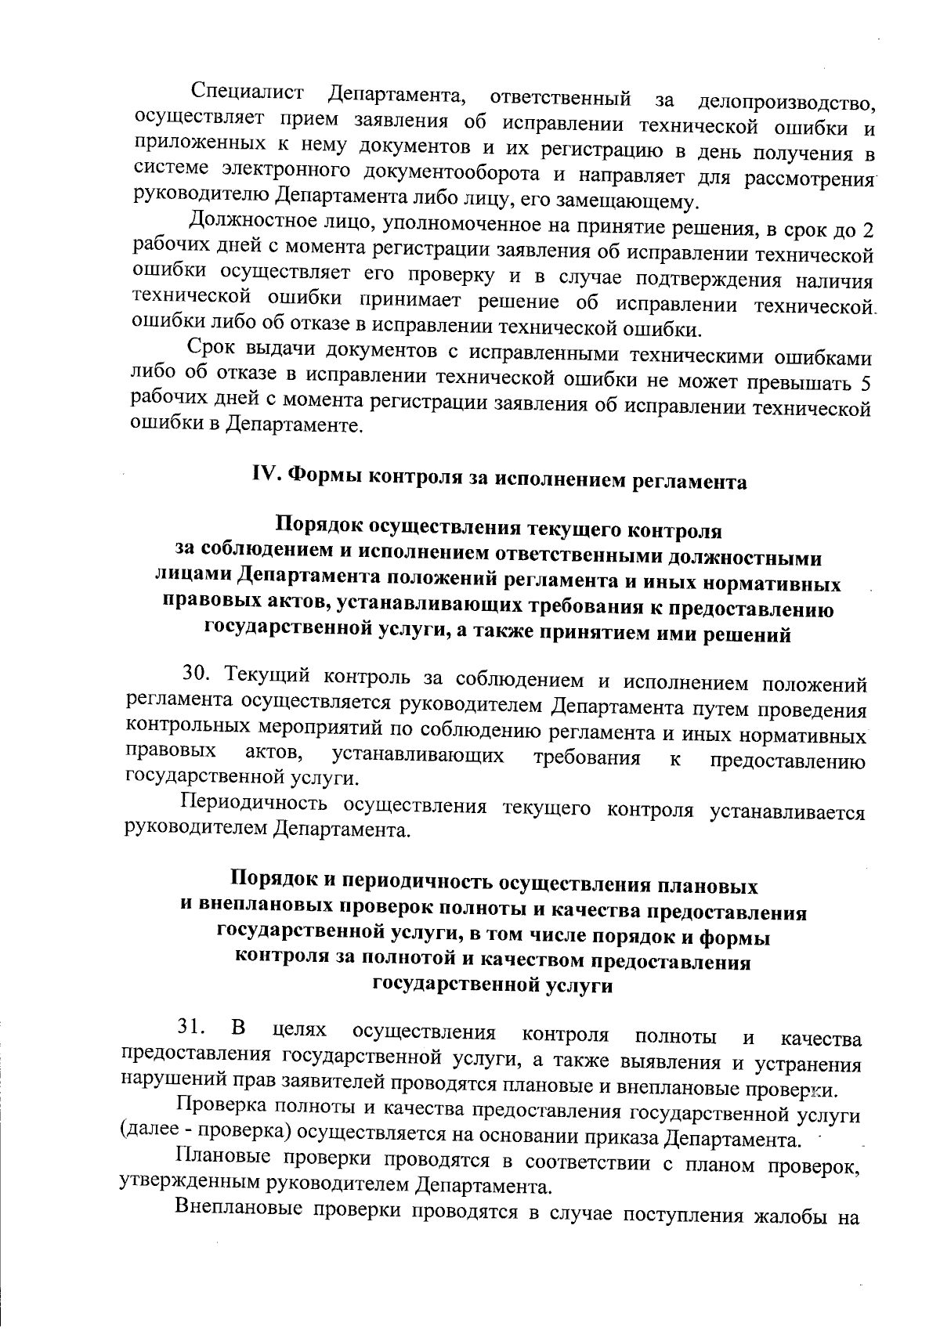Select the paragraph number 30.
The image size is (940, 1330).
pos(193,673)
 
